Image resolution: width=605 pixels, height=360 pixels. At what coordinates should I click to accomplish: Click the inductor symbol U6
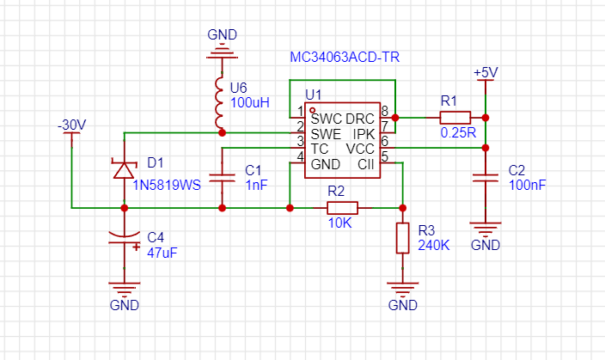(x=219, y=102)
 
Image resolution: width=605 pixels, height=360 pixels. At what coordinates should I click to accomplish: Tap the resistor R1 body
(x=455, y=118)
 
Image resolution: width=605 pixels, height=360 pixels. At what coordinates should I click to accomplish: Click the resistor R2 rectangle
(x=343, y=208)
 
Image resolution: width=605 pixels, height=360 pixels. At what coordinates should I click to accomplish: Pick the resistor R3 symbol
(x=403, y=238)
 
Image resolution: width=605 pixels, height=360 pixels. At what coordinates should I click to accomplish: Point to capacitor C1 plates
(x=222, y=178)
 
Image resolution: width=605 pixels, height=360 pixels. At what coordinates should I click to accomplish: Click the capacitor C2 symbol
(x=486, y=178)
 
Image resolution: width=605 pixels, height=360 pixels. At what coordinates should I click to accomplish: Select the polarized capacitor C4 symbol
(x=125, y=238)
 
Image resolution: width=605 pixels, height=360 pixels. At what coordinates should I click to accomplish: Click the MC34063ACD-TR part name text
(x=345, y=57)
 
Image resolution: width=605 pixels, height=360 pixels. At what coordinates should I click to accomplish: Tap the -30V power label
(x=72, y=125)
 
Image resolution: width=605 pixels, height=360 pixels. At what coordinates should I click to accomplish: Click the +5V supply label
(x=486, y=72)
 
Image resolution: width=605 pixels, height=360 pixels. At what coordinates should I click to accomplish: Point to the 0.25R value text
(x=458, y=132)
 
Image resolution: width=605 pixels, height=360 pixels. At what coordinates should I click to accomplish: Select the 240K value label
(x=434, y=245)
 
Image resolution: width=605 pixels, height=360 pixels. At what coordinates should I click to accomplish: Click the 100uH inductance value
(x=249, y=102)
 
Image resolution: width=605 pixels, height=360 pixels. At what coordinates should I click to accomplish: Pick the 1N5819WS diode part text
(x=167, y=186)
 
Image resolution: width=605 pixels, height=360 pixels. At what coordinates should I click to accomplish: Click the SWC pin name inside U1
(x=326, y=119)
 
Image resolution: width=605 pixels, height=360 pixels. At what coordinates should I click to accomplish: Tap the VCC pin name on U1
(x=360, y=149)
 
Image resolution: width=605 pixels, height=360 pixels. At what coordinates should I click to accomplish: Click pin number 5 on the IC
(x=384, y=156)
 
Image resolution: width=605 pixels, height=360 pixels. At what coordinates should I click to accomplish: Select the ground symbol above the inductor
(x=222, y=54)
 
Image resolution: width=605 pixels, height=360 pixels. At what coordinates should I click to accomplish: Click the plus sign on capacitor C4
(x=136, y=247)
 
